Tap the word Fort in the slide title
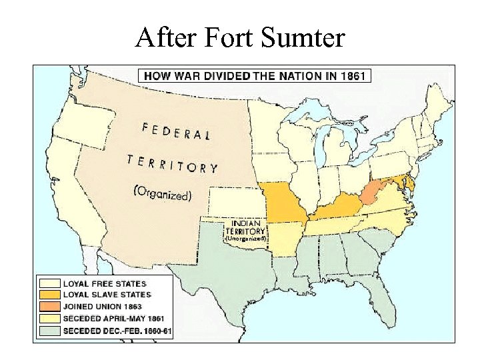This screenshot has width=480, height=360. (x=229, y=37)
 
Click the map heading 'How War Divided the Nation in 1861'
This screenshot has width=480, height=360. (x=255, y=75)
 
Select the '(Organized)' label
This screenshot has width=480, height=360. (x=163, y=194)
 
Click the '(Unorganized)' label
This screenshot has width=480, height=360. (x=245, y=238)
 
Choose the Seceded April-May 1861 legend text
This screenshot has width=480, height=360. (x=113, y=319)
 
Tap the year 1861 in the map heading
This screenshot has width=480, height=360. (x=353, y=75)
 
